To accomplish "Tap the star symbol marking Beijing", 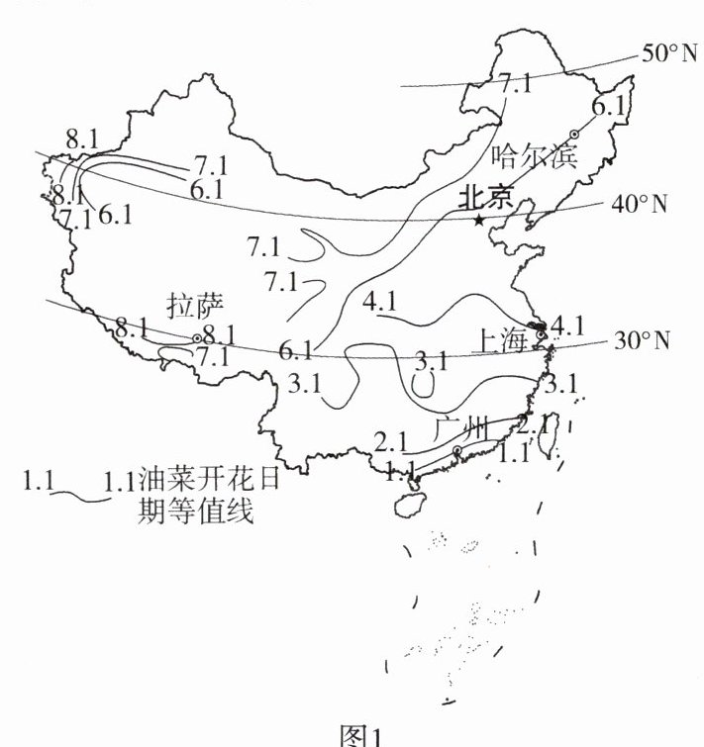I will [478, 220].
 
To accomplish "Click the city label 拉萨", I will [191, 306].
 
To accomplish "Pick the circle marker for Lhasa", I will [197, 338].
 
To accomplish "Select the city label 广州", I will [461, 429].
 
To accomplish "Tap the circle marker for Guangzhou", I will [456, 451].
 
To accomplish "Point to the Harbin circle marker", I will [573, 135].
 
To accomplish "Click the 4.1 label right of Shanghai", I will [569, 324].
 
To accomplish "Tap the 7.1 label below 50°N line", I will [515, 83].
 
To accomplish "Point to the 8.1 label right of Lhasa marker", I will [219, 334].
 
